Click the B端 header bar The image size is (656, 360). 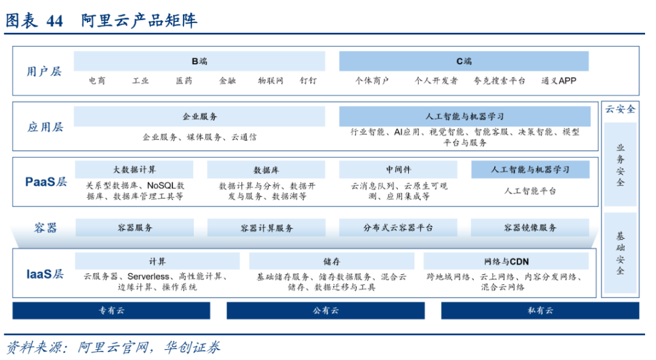(x=199, y=61)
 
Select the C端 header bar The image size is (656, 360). (x=463, y=61)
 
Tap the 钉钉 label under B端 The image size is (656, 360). (x=309, y=81)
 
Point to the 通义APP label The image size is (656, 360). (x=559, y=81)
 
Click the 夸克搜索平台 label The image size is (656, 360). (x=499, y=81)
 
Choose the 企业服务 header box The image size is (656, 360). (x=199, y=117)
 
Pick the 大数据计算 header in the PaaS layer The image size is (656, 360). (x=134, y=169)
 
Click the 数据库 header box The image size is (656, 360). (x=266, y=169)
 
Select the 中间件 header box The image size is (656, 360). (x=398, y=169)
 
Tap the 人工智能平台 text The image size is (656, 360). (x=530, y=191)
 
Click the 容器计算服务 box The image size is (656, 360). (x=267, y=228)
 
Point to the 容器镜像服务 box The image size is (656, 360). (x=530, y=228)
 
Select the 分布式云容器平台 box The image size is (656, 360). (x=398, y=228)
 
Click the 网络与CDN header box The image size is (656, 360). (x=506, y=261)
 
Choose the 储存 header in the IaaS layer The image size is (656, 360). (x=332, y=261)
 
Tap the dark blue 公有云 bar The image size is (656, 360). (x=326, y=311)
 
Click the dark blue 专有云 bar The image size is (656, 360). (x=111, y=311)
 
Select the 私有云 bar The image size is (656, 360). (x=540, y=311)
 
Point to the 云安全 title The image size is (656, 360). (x=620, y=109)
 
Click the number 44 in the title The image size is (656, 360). (x=55, y=21)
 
